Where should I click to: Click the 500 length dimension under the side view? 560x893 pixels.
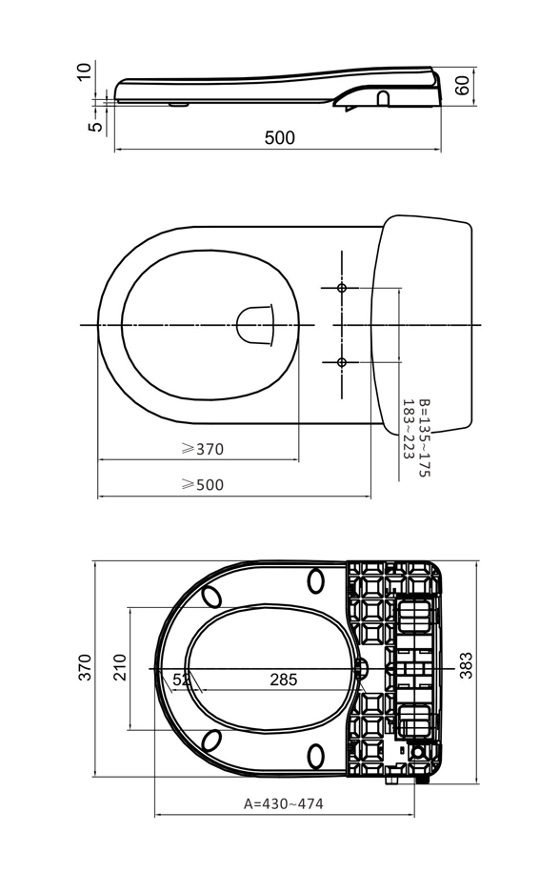[279, 138]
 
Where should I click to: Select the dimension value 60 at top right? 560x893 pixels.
[463, 85]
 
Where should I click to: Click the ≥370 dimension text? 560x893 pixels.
[202, 450]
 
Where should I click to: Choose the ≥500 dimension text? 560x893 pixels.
[202, 485]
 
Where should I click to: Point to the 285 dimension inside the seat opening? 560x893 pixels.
[283, 680]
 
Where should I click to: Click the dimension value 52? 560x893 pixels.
[180, 680]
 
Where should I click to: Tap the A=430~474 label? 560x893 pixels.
[283, 803]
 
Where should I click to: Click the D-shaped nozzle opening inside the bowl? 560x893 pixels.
[254, 325]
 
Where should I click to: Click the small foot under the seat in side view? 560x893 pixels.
[178, 105]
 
